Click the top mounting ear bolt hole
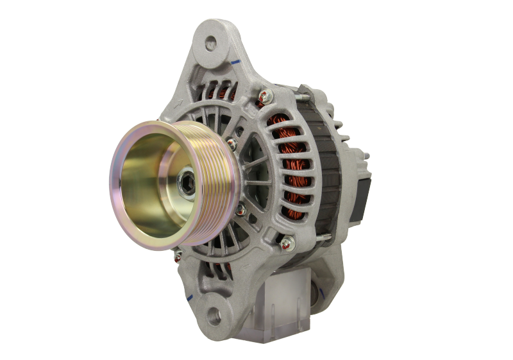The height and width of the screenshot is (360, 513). pyautogui.click(x=209, y=43)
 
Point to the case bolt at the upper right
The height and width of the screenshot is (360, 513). pyautogui.click(x=263, y=98)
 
